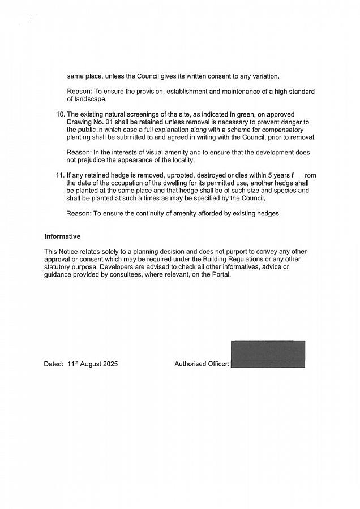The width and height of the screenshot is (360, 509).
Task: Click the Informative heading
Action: [x=62, y=236]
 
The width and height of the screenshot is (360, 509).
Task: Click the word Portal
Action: [x=220, y=275]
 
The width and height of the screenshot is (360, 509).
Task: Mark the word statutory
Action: [x=58, y=267]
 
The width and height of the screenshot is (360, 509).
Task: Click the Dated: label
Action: [x=54, y=364]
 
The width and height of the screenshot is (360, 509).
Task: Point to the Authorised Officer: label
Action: [x=202, y=364]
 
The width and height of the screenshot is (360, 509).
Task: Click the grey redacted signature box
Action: [x=268, y=355]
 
